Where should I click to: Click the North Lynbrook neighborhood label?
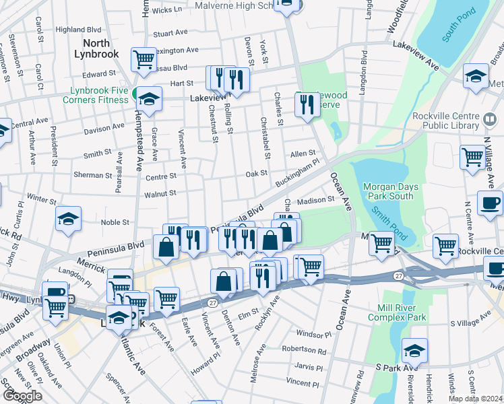(96, 48)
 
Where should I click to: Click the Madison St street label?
(315, 200)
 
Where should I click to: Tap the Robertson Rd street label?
(304, 351)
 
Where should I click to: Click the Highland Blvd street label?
(78, 30)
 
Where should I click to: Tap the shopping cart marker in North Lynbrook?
(144, 59)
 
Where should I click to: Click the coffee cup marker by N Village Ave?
(490, 202)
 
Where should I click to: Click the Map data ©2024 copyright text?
(475, 399)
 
